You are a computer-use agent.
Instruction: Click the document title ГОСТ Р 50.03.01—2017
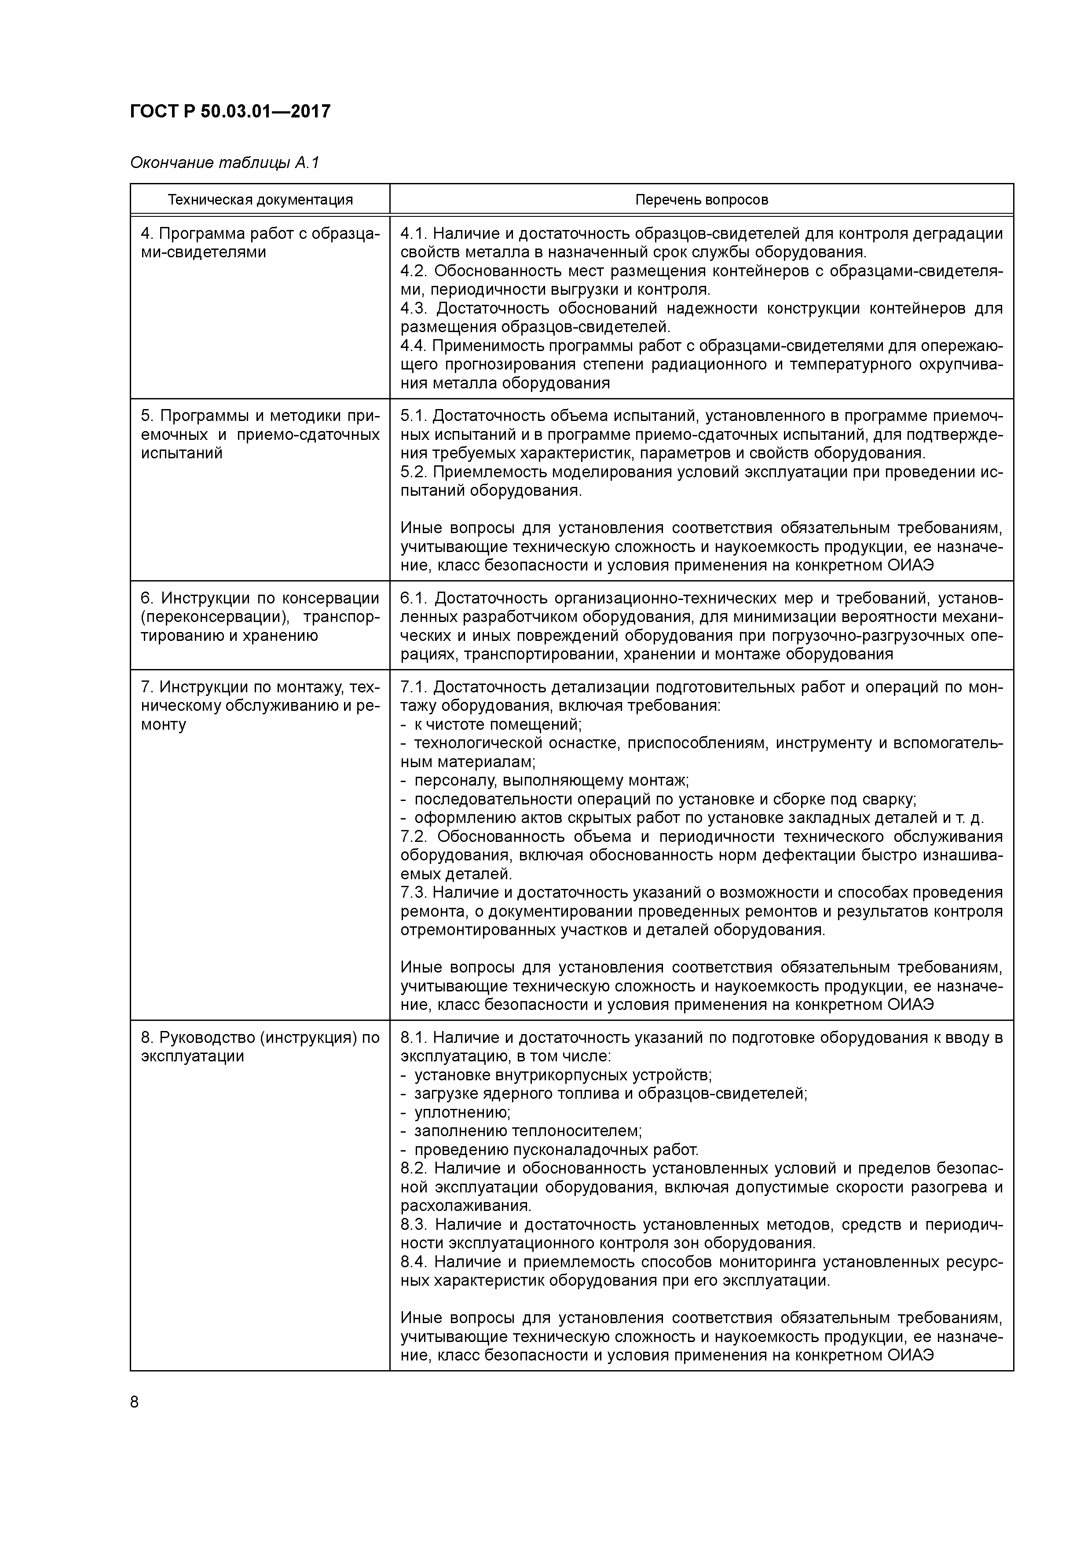coord(230,111)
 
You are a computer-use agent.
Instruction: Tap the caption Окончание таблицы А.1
coord(224,163)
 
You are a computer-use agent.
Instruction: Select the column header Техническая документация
coord(260,200)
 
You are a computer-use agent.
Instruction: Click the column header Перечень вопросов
coord(701,200)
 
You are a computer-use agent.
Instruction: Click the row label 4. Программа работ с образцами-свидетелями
coord(260,243)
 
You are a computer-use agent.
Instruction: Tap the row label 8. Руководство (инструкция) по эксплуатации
coord(260,1046)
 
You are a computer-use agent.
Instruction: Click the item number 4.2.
coord(413,271)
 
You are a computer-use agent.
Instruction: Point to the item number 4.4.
coord(412,346)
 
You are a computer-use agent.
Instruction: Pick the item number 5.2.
coord(412,472)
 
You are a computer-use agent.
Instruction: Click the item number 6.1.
coord(412,598)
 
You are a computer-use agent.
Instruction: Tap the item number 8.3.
coord(413,1225)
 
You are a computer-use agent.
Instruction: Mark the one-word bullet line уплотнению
coord(462,1112)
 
